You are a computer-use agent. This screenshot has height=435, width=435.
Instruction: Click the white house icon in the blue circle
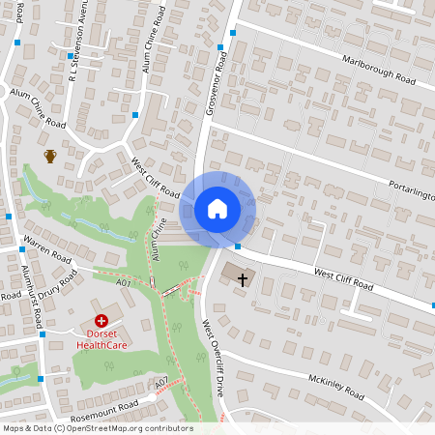[217, 209]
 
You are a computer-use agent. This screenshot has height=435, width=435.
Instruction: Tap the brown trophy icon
[50, 156]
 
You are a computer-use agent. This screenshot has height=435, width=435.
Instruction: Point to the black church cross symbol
[242, 279]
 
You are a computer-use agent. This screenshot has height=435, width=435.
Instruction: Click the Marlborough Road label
[379, 70]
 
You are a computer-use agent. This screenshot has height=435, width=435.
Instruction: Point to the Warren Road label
[48, 249]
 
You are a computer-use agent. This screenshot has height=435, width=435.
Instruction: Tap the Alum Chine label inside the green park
[158, 238]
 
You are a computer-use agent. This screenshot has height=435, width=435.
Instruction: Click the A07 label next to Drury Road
[123, 283]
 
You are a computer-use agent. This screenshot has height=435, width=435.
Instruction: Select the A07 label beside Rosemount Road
[161, 380]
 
